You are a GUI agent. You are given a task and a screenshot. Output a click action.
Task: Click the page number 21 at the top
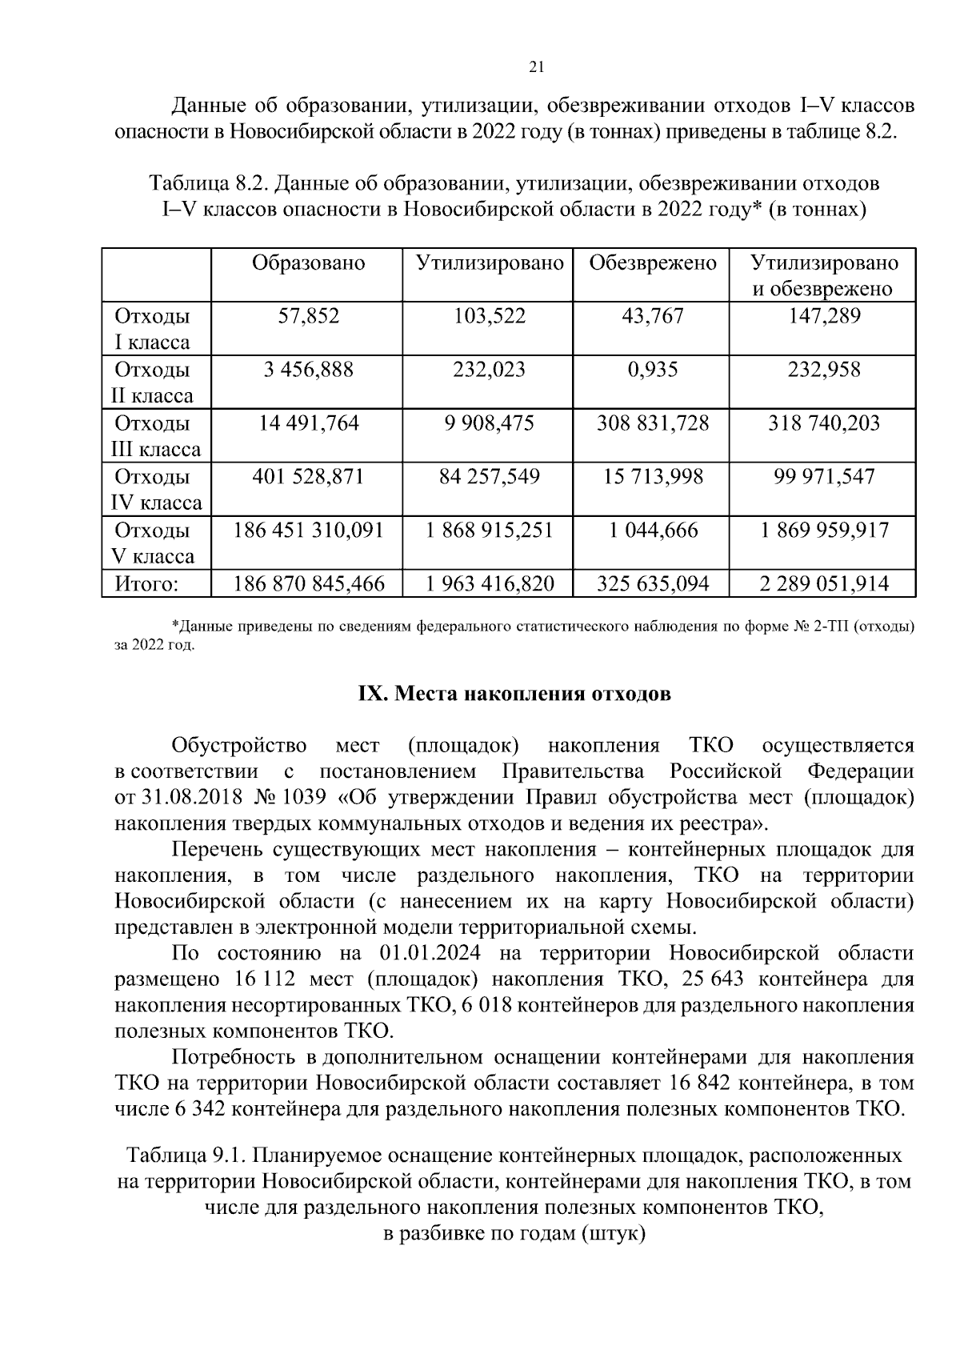537,67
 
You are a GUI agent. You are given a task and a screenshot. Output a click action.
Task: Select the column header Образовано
308,263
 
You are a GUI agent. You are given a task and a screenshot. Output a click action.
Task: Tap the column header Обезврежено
652,263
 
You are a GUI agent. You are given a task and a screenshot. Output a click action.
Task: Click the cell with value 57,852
308,316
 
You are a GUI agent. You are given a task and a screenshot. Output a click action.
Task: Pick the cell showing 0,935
652,370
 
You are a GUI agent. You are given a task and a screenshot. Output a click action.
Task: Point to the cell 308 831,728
652,423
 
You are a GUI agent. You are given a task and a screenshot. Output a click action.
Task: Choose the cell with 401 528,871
308,477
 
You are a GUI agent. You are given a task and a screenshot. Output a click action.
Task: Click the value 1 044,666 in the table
652,531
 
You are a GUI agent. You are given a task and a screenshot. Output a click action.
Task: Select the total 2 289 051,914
824,584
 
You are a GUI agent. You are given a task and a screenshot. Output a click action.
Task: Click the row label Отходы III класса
154,436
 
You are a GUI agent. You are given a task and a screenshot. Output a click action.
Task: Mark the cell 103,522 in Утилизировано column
490,316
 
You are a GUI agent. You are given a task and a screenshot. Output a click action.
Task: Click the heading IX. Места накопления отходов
513,694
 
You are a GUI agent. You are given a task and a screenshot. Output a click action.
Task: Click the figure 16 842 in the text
690,1084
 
